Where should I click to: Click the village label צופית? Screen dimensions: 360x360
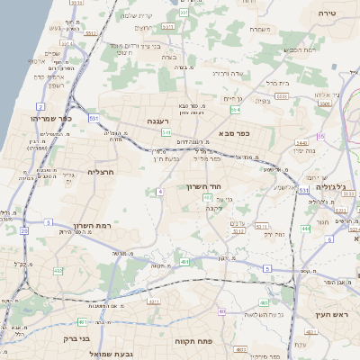263,101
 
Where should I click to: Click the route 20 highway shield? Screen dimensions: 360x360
23,230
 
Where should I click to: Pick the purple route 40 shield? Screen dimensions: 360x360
221,312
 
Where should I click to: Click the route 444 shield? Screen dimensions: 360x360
305,228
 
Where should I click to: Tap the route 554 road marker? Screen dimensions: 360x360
236,110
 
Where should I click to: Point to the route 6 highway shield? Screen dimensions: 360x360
303,190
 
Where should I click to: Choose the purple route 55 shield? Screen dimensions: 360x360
319,137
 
